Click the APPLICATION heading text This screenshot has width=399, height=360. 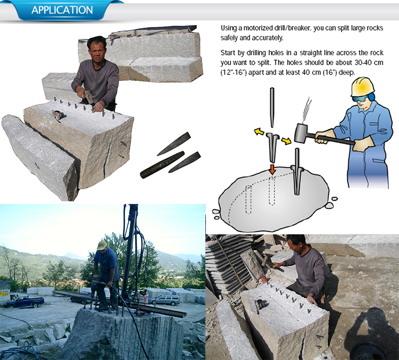pos(62,10)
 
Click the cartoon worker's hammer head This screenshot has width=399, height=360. pos(301,133)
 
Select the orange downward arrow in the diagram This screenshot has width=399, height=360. pos(272,169)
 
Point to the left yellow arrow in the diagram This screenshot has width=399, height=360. pos(259,132)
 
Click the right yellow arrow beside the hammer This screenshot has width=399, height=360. pos(286,141)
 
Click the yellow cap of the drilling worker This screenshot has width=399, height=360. pos(102,245)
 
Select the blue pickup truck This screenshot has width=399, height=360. pos(24,301)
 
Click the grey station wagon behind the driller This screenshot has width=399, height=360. pos(164,300)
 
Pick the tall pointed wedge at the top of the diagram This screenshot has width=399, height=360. pos(272,108)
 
